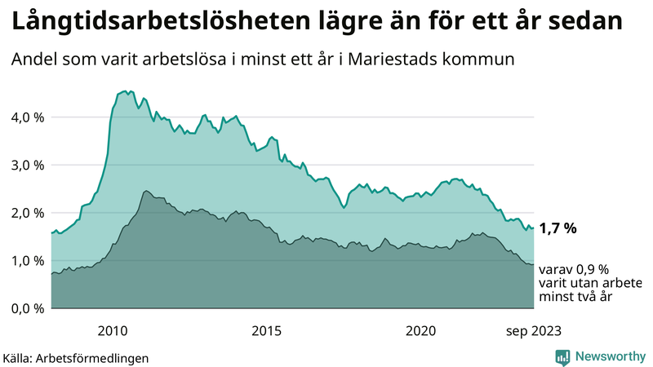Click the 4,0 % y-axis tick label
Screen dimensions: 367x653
[x=27, y=117]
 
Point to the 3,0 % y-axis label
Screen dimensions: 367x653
[x=27, y=165]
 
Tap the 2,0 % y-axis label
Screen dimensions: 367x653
[x=27, y=213]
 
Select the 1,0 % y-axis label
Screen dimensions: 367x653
[x=27, y=261]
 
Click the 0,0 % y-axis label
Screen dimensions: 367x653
[x=27, y=308]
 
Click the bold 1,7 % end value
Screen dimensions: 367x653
[x=559, y=228]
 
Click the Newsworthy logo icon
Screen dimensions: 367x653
[x=562, y=356]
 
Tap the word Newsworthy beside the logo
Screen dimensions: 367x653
[x=608, y=356]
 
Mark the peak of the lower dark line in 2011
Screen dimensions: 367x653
[x=145, y=191]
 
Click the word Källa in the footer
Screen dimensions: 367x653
[x=20, y=357]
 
